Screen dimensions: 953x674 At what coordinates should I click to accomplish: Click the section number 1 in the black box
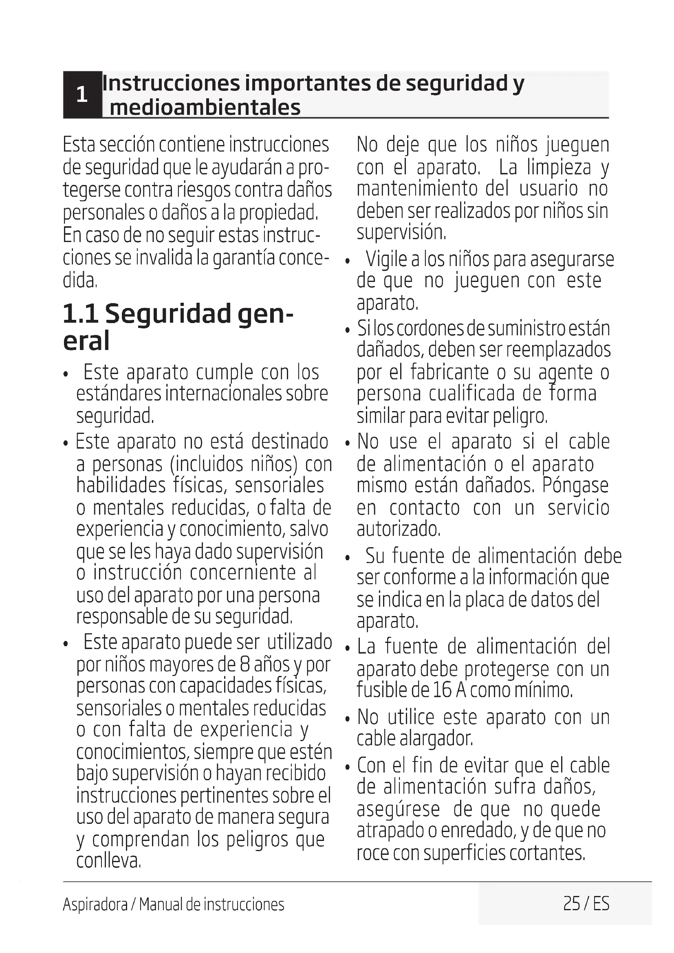[82, 95]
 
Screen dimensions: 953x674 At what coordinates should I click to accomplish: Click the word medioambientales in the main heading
[205, 108]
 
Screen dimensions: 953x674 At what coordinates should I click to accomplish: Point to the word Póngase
[575, 486]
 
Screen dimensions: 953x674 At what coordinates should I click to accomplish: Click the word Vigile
[386, 260]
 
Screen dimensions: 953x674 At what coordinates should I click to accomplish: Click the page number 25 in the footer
[571, 904]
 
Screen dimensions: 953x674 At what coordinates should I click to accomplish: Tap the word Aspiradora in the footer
[95, 905]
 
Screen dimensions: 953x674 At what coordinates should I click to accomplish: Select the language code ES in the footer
[601, 904]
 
